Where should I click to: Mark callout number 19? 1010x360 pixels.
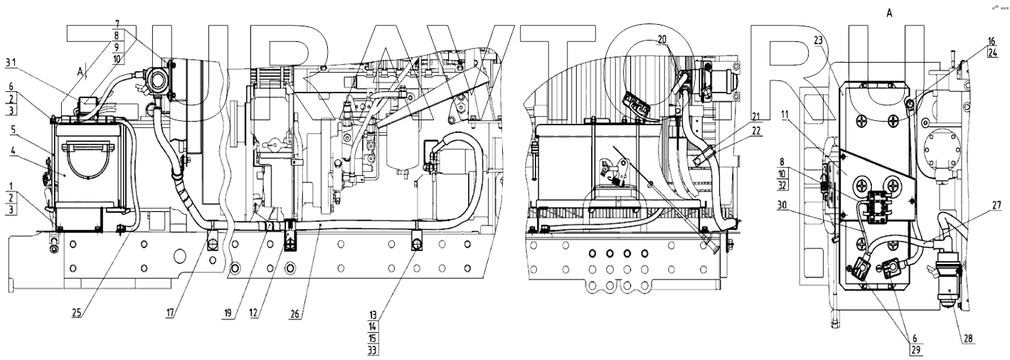coord(226,314)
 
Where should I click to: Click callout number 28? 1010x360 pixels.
coord(968,339)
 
